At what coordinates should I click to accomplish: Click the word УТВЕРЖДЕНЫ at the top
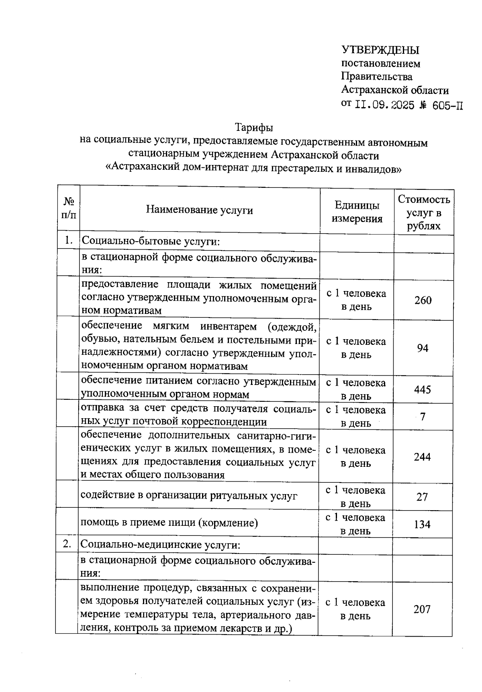pos(380,50)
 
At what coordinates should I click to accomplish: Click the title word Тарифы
pos(254,128)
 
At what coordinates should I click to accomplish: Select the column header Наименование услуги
pos(199,210)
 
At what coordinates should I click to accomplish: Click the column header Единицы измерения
pos(357,212)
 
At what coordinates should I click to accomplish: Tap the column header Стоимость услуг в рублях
pos(424,212)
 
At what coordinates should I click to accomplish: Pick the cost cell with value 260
pos(423,300)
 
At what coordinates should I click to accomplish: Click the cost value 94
pos(423,348)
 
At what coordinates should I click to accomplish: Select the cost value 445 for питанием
pos(423,390)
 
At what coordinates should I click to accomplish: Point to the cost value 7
pos(423,417)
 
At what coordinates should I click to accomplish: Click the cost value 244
pos(422,457)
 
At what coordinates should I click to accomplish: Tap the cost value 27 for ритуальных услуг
pos(422,497)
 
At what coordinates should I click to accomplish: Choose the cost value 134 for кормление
pos(422,524)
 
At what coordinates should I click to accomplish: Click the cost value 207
pos(422,609)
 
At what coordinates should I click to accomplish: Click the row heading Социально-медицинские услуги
pos(160,545)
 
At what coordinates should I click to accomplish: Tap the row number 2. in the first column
pos(67,544)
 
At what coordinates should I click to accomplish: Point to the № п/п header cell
pos(69,208)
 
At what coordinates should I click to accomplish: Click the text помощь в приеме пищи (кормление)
pos(169,523)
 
